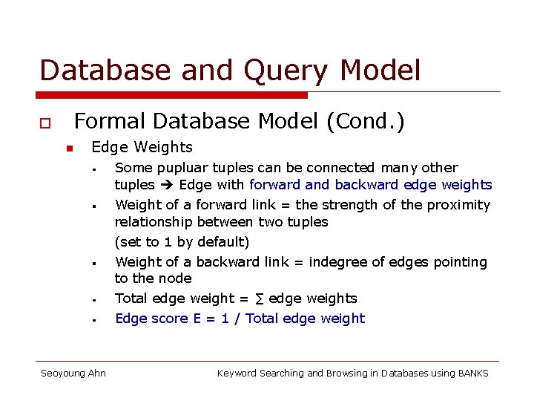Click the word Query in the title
(x=291, y=71)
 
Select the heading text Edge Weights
(x=142, y=147)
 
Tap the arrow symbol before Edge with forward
(x=167, y=185)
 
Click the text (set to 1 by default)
(x=182, y=241)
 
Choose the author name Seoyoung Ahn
(x=73, y=373)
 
